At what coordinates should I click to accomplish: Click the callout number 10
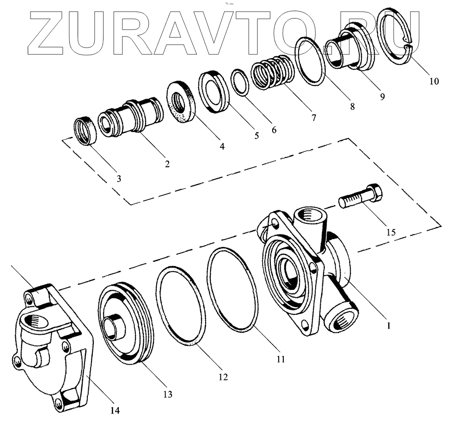[434, 81]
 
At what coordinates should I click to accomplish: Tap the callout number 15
[391, 232]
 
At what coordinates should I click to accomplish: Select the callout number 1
[389, 325]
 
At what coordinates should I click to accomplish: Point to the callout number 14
[115, 410]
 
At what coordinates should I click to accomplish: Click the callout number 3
[119, 178]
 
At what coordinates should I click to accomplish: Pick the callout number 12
[223, 377]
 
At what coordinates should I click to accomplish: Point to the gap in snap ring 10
[407, 47]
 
